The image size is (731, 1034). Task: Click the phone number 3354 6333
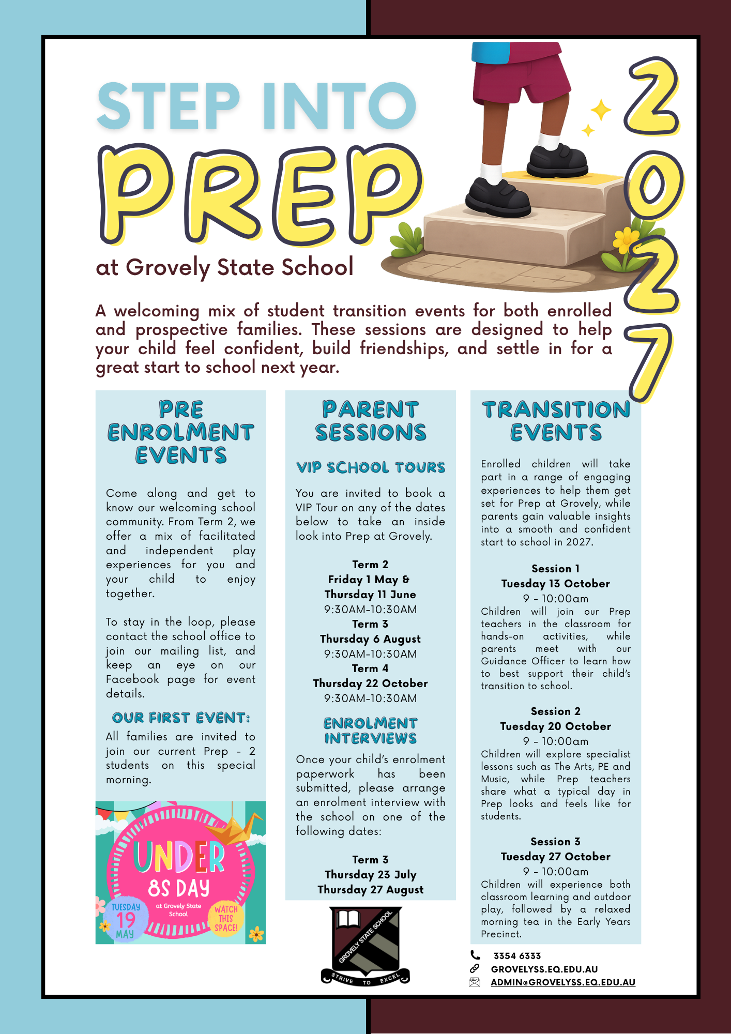pyautogui.click(x=517, y=956)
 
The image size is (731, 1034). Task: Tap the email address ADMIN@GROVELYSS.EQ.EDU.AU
pyautogui.click(x=562, y=982)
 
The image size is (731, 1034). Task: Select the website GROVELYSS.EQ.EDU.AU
pyautogui.click(x=544, y=969)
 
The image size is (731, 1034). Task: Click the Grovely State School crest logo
pyautogui.click(x=365, y=946)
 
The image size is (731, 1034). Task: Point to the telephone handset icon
pyautogui.click(x=475, y=955)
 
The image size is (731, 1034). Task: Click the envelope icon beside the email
pyautogui.click(x=475, y=982)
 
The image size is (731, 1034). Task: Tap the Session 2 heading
pyautogui.click(x=555, y=711)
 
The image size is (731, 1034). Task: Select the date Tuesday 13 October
pyautogui.click(x=555, y=584)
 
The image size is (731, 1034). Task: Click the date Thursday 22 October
pyautogui.click(x=370, y=683)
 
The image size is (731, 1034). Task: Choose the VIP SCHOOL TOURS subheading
pyautogui.click(x=370, y=468)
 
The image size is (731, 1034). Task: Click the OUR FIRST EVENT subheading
pyautogui.click(x=181, y=718)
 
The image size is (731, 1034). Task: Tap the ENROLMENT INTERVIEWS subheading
pyautogui.click(x=370, y=731)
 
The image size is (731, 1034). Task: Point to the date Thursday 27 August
pyautogui.click(x=370, y=890)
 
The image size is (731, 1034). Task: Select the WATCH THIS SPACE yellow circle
pyautogui.click(x=226, y=918)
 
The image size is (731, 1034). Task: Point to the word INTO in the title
pyautogui.click(x=339, y=106)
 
